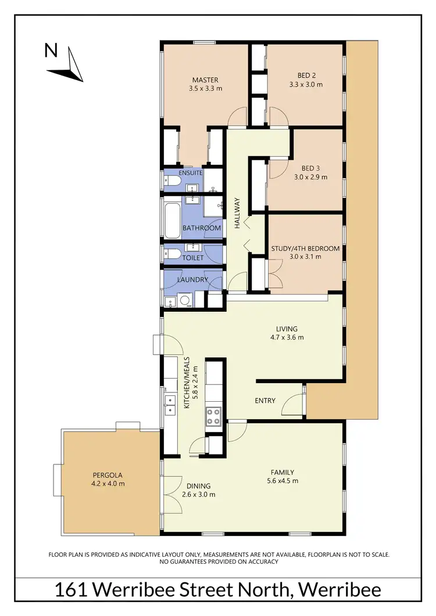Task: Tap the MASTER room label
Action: click(205, 80)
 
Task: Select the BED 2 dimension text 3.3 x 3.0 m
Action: click(306, 85)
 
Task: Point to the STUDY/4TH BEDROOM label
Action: click(305, 248)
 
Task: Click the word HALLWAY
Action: click(237, 214)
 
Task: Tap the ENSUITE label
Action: click(191, 173)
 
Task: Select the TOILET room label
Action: click(193, 258)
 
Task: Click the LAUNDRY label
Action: click(192, 280)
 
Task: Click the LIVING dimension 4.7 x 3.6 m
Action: click(287, 337)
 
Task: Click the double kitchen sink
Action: click(170, 404)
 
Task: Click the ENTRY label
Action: click(265, 401)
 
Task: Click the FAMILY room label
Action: click(282, 472)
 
